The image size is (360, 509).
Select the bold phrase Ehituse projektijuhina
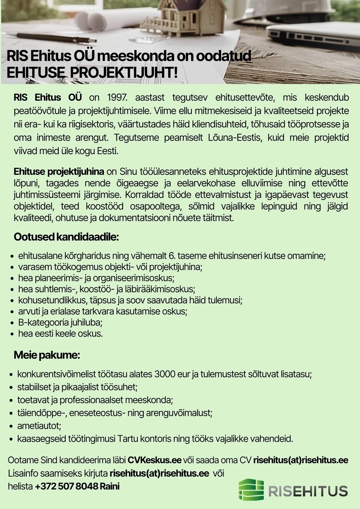[59, 172]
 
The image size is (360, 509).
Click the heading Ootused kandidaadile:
[66, 237]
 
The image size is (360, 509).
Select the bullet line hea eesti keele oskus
[60, 334]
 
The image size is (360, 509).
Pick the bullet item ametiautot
[39, 426]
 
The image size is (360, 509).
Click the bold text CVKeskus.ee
[154, 460]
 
